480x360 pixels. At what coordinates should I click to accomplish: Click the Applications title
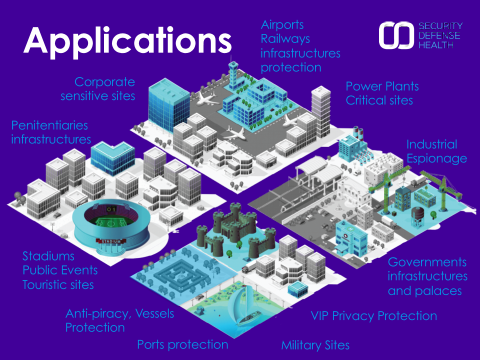127,41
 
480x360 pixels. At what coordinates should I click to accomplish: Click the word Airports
282,25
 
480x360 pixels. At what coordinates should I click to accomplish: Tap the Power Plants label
382,86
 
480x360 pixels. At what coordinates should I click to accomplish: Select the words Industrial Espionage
436,151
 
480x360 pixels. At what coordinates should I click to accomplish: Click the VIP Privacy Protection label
374,316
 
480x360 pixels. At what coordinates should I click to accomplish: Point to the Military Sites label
315,345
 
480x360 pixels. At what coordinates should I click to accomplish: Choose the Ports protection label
182,344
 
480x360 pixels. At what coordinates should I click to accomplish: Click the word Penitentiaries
49,125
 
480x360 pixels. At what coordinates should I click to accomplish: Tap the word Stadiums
48,256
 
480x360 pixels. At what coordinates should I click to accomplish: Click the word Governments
427,262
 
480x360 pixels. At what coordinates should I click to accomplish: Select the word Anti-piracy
98,314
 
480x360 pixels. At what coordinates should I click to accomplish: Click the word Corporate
104,82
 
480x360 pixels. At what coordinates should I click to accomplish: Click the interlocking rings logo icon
396,35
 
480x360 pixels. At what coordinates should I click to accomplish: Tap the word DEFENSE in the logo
439,35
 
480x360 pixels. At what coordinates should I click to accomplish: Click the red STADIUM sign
111,241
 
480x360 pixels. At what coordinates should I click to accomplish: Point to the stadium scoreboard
111,209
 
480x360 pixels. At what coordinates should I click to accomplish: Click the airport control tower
233,73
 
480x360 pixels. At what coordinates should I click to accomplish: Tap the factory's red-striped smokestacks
358,133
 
